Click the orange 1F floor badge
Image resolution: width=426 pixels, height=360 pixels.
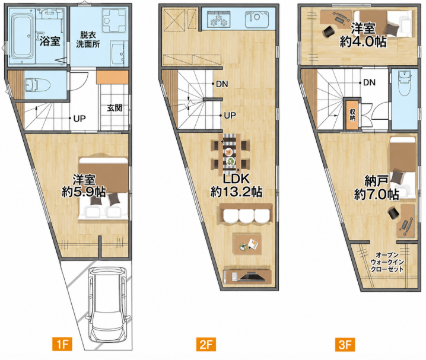[62, 344]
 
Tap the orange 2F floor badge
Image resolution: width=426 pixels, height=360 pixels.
[206, 344]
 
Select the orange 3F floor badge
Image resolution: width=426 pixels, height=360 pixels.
[345, 344]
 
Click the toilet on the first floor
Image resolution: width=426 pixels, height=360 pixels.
[37, 85]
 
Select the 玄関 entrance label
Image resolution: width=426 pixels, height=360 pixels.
[115, 108]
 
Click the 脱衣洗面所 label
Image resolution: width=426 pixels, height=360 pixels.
[87, 39]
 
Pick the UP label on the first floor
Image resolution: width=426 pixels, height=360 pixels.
[80, 119]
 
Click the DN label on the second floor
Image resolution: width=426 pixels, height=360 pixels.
[222, 84]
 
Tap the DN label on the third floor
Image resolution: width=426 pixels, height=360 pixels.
[369, 82]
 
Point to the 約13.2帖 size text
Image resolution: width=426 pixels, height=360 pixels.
[236, 192]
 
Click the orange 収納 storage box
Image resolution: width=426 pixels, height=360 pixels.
[352, 114]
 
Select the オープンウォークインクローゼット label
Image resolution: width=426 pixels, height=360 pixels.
[387, 262]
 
